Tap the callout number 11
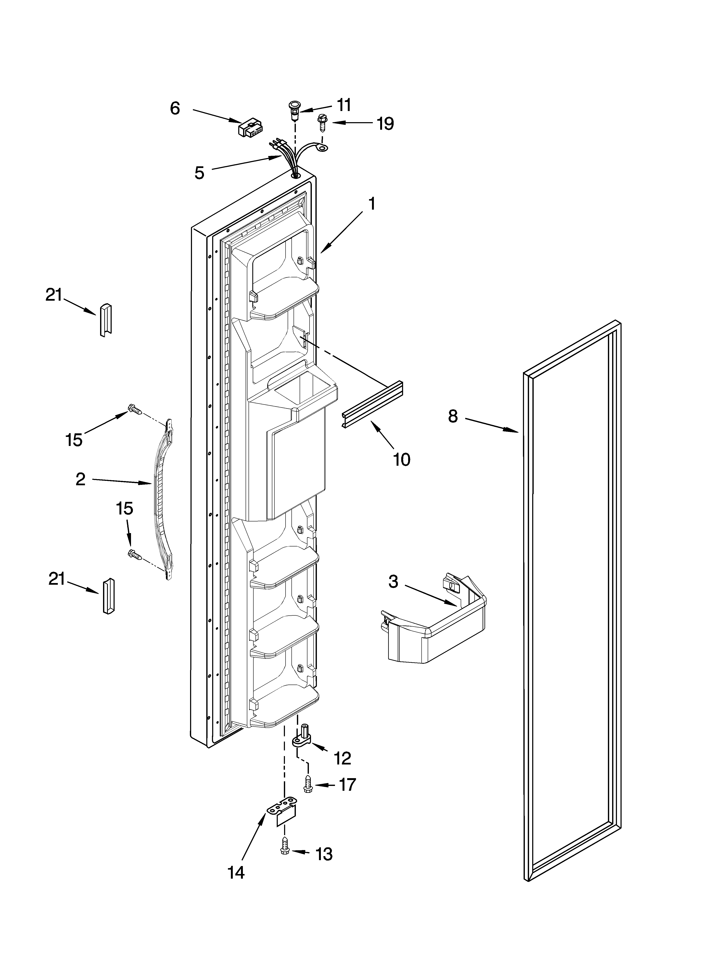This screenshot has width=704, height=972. (x=343, y=105)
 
